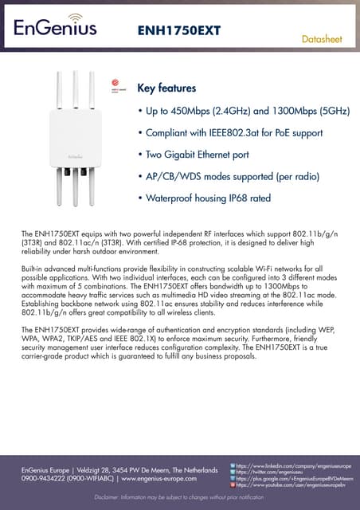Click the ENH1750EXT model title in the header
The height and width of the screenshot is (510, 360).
pyautogui.click(x=179, y=30)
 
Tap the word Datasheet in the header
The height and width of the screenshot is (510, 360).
pyautogui.click(x=323, y=38)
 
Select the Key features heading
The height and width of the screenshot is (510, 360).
pyautogui.click(x=166, y=88)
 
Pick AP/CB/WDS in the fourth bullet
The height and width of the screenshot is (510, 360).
pyautogui.click(x=174, y=175)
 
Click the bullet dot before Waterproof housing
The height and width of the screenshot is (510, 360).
pyautogui.click(x=140, y=197)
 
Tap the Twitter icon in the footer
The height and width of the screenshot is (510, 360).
pyautogui.click(x=232, y=471)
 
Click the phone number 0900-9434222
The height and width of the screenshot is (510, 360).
pyautogui.click(x=44, y=479)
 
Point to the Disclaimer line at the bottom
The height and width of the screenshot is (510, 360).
pyautogui.click(x=179, y=497)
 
